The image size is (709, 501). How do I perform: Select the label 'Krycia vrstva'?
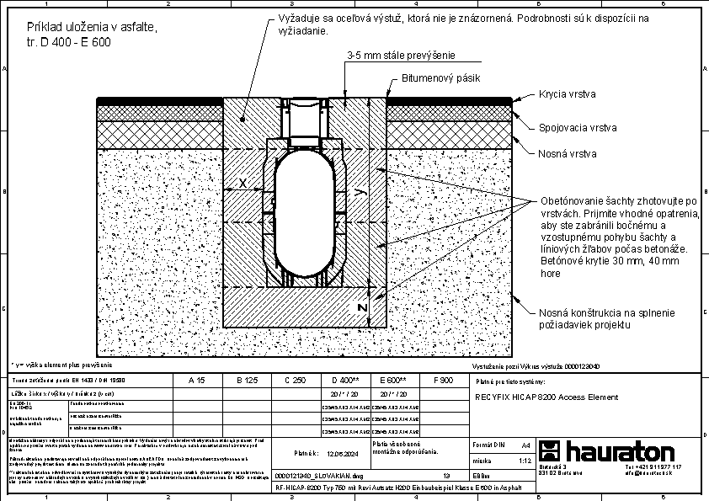tap(566, 96)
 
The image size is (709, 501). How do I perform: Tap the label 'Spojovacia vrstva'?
tap(578, 128)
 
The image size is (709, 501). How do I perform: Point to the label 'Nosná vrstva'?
tap(568, 153)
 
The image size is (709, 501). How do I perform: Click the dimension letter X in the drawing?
tap(243, 183)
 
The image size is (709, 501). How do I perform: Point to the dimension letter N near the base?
tap(362, 308)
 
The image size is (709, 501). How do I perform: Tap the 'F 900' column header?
tap(442, 381)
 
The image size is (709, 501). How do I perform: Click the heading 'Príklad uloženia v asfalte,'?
tap(85, 29)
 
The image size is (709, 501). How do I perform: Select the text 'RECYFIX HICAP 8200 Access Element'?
tap(546, 397)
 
